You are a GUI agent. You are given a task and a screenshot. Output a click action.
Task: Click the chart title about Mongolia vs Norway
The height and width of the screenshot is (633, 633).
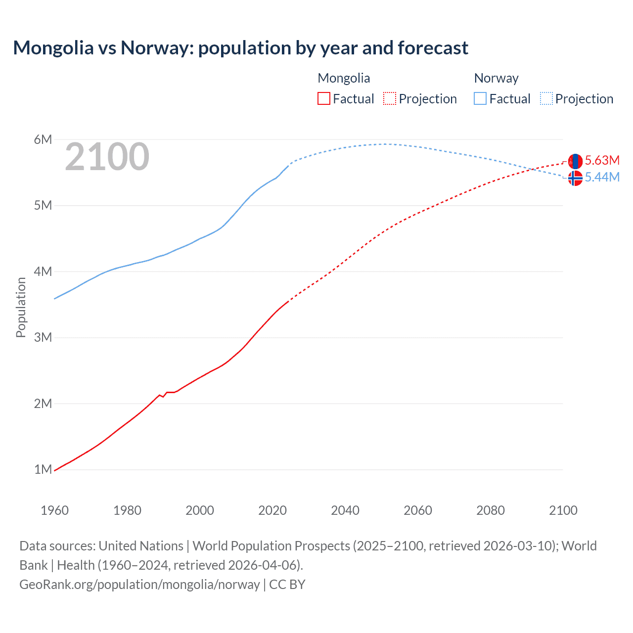click(x=240, y=48)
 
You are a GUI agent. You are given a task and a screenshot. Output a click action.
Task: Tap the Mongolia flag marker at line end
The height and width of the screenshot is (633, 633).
click(x=575, y=161)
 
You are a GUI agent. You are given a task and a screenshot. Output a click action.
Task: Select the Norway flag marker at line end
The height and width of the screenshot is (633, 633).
click(x=575, y=178)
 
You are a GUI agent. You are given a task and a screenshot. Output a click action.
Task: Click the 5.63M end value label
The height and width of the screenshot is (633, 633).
click(x=602, y=160)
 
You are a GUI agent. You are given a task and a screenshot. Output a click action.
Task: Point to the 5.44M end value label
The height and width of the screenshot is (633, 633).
click(x=602, y=177)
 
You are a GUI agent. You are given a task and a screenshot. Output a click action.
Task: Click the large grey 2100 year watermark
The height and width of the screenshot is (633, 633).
click(x=107, y=157)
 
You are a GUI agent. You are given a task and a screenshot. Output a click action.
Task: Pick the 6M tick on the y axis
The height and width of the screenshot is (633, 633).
click(x=43, y=139)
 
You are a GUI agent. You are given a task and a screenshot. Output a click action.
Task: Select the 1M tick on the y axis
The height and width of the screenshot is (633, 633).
click(x=43, y=469)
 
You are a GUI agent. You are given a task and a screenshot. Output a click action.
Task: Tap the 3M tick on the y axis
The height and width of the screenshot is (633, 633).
click(x=43, y=337)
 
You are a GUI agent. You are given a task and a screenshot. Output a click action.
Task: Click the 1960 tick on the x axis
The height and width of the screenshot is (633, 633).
click(x=54, y=510)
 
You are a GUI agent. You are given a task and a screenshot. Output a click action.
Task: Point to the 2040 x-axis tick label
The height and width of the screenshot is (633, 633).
click(x=345, y=510)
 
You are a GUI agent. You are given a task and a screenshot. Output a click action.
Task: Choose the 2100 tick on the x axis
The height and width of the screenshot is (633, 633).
click(x=563, y=510)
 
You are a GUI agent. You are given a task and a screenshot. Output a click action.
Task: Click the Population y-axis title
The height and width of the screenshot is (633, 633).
click(x=21, y=307)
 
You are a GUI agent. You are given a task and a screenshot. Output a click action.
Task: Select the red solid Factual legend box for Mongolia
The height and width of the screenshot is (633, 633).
click(x=323, y=99)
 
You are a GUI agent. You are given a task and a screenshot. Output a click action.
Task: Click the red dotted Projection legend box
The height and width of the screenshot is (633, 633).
click(x=390, y=99)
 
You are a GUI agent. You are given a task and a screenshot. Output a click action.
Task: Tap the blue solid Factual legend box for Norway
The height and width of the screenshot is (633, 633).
click(x=480, y=99)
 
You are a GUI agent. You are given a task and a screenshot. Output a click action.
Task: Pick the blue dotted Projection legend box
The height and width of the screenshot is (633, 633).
click(x=546, y=99)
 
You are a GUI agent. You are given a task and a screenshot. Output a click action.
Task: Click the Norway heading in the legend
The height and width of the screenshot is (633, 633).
click(x=496, y=78)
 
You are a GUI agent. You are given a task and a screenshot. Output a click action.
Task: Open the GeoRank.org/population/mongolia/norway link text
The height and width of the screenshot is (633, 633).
click(x=139, y=585)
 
